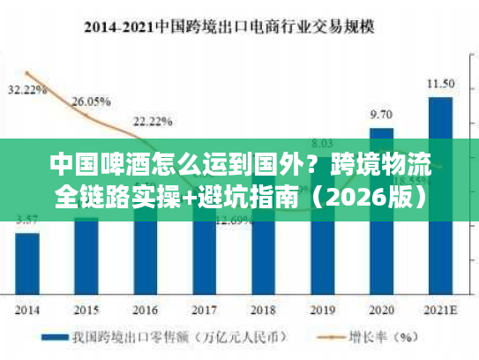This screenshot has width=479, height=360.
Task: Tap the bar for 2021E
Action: coord(440,194)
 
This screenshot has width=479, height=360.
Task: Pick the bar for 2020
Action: coord(381,212)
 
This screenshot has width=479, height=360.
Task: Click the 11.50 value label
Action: coord(440,84)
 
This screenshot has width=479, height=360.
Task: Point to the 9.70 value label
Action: coord(381,115)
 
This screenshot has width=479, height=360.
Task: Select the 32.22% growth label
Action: coord(27,90)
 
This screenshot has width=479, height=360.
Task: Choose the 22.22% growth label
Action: coord(153,121)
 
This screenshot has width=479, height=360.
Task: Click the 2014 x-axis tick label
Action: coord(28,309)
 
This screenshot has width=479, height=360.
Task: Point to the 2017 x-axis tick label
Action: coord(205,309)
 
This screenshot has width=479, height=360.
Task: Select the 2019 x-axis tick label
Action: coord(322,309)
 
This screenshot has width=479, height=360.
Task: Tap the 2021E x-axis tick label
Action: coord(440,309)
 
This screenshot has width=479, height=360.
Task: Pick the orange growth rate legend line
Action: coord(327,337)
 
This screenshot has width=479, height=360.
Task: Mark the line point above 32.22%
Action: coord(28,74)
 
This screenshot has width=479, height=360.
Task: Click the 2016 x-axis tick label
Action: coord(146,309)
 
